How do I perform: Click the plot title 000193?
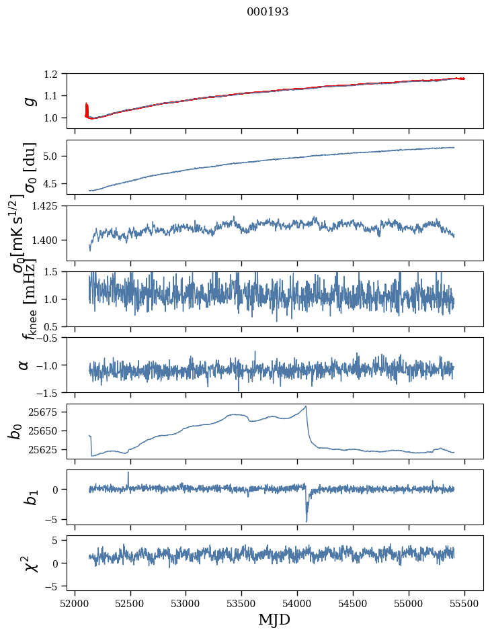point(268,12)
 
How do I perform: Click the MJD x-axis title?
point(274,619)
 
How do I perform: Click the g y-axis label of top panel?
point(29,101)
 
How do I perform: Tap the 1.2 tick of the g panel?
point(56,74)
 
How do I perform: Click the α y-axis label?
point(24,364)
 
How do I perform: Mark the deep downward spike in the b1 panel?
point(307,520)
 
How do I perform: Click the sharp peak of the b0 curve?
point(307,406)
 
